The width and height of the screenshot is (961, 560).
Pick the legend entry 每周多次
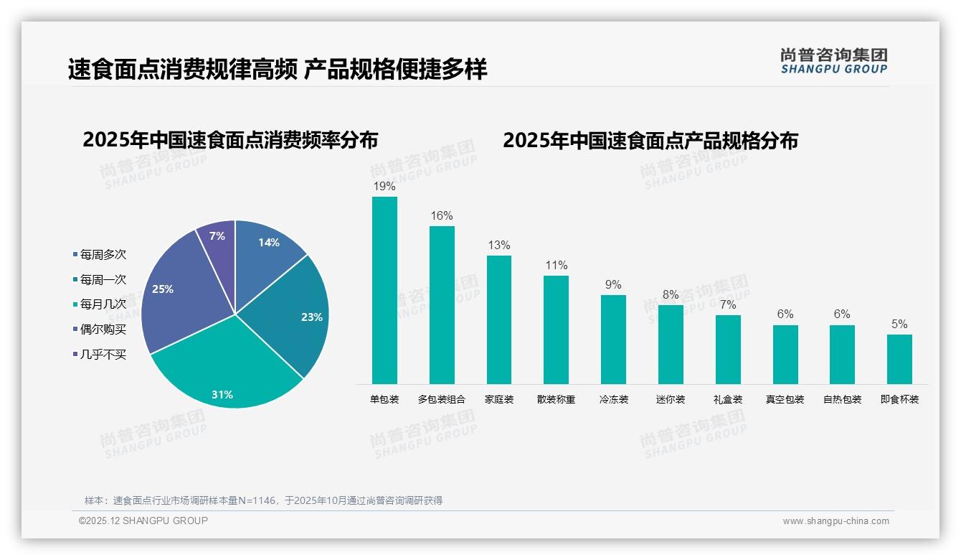click(103, 255)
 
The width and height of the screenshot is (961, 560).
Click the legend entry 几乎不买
click(103, 354)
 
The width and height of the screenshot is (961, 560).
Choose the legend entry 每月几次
click(103, 304)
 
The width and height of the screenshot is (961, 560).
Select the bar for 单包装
click(384, 290)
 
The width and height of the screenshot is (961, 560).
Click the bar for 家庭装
click(499, 319)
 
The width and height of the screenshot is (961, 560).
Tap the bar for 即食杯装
click(899, 359)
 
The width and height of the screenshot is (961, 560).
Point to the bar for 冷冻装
click(613, 339)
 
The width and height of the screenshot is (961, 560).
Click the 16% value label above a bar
click(442, 216)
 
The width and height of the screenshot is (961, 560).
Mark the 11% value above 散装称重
click(556, 266)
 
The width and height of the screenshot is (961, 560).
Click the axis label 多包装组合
click(442, 399)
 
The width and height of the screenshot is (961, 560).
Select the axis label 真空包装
click(785, 399)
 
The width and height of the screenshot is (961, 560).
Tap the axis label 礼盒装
click(728, 399)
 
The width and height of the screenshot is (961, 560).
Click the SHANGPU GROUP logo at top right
click(833, 60)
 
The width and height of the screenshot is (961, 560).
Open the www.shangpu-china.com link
click(835, 521)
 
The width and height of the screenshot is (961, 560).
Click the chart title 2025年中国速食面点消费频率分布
click(230, 140)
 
